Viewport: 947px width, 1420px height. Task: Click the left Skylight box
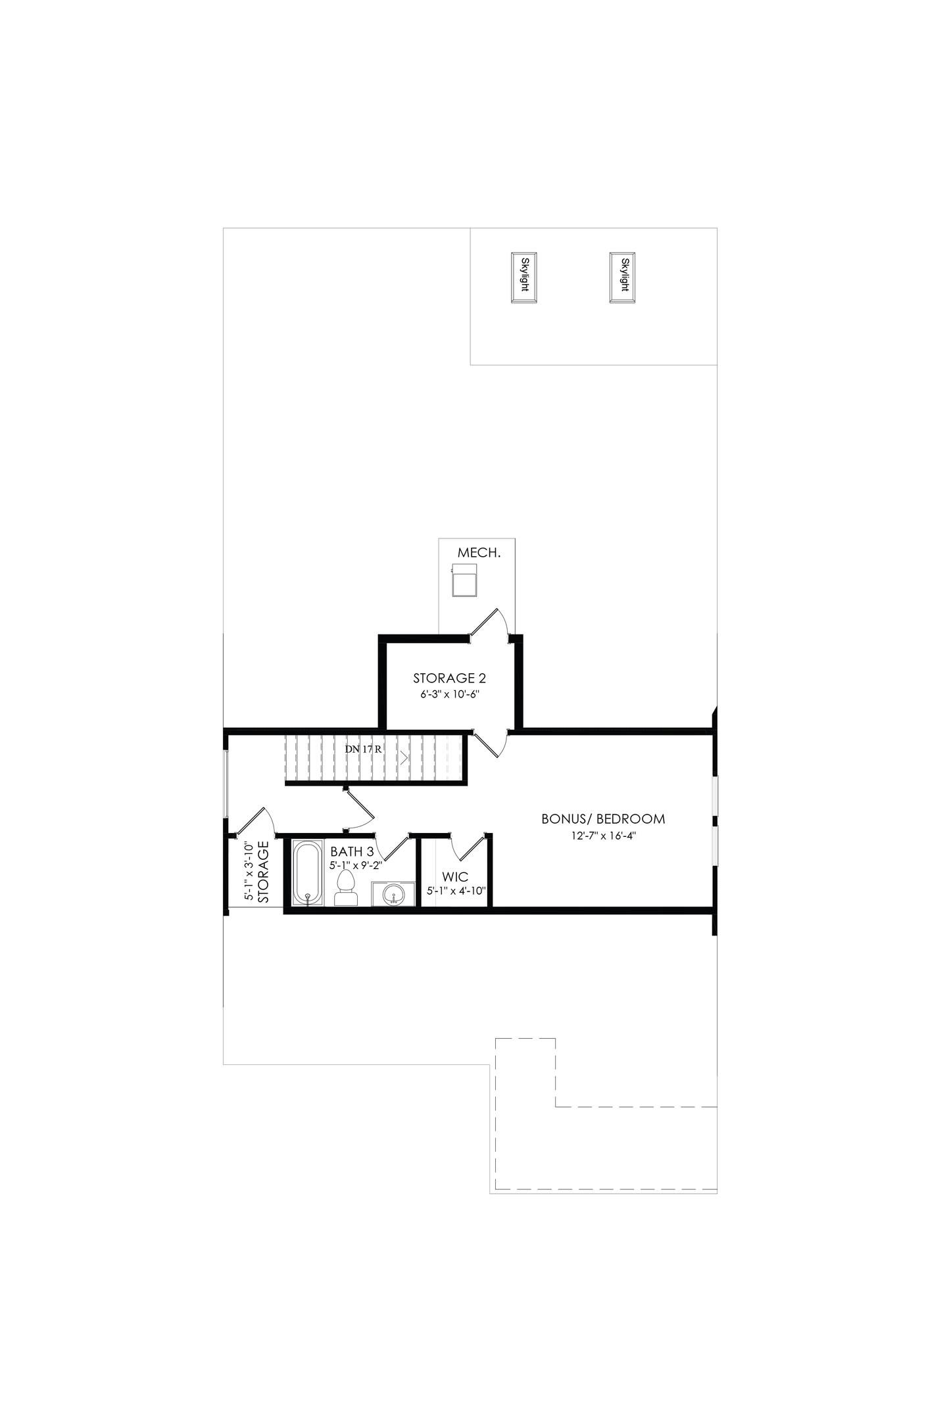pos(525,277)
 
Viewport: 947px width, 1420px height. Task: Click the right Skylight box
pos(623,277)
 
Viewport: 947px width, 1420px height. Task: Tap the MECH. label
pos(479,553)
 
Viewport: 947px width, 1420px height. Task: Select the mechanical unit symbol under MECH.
pos(465,579)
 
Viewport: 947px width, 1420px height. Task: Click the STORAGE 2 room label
pos(449,678)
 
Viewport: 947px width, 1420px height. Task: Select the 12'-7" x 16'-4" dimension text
pos(603,836)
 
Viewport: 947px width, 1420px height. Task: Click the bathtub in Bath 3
pos(307,874)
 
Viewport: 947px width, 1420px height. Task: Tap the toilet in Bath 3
pos(345,889)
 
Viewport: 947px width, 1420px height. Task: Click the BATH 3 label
pos(352,852)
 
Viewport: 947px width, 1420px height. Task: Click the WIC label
pos(455,877)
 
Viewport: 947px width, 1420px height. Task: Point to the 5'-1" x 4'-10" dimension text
pos(456,891)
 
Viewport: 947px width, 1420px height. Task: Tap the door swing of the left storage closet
pos(255,822)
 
